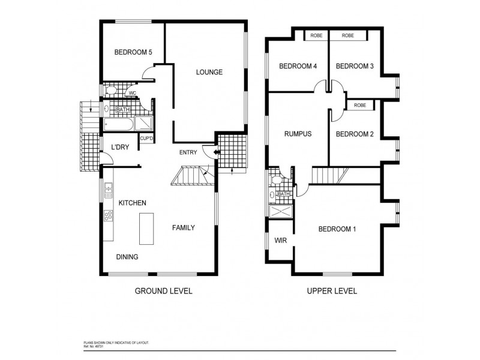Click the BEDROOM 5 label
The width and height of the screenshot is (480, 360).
[x=133, y=53]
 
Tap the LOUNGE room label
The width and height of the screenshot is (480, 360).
[x=209, y=73]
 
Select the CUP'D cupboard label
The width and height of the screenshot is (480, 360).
[x=146, y=139]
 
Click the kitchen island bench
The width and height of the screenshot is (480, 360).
[x=146, y=228]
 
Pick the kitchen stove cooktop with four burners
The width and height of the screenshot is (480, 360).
[x=109, y=215]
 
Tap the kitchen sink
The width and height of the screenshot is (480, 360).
[x=109, y=191]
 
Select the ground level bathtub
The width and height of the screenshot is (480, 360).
[x=118, y=124]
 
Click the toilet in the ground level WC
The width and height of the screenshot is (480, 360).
[x=110, y=91]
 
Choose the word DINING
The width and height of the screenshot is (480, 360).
[x=127, y=257]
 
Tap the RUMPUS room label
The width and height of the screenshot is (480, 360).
[x=298, y=134]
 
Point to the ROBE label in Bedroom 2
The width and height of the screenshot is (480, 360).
[x=360, y=106]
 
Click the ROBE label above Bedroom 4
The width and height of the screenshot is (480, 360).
[x=316, y=36]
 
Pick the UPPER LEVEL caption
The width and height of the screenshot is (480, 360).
[x=332, y=291]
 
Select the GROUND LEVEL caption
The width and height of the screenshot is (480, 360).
[x=164, y=291]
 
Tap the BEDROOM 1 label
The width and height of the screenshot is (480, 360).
[x=337, y=229]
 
